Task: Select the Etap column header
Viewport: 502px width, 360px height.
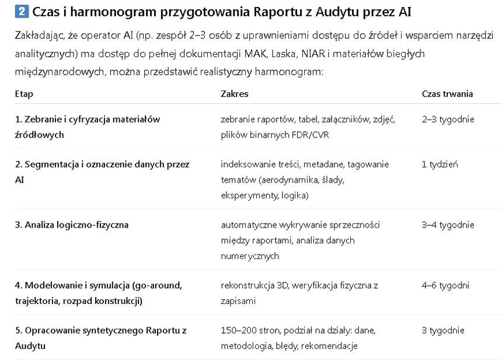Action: tap(24, 93)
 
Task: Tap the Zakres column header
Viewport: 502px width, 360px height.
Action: tap(234, 93)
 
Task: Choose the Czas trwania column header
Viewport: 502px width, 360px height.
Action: tap(447, 93)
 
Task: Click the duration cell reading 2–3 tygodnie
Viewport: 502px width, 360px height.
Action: tap(448, 119)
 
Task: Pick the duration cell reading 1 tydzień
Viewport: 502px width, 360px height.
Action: tap(440, 164)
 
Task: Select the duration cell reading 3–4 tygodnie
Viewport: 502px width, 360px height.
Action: tap(448, 225)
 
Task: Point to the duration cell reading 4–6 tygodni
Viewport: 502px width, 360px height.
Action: tap(445, 285)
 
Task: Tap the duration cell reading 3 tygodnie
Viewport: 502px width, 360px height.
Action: tap(443, 330)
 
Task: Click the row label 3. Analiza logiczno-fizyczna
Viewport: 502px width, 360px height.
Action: tap(72, 225)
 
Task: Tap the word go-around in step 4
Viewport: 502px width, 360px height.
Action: tap(158, 285)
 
